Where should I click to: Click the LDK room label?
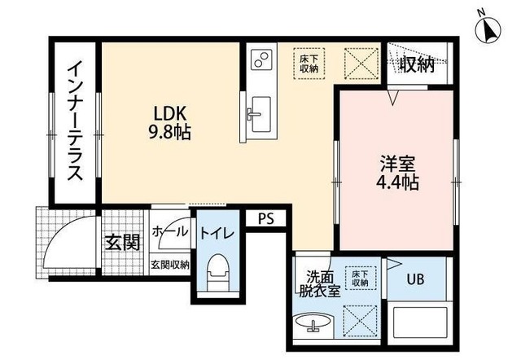(169, 114)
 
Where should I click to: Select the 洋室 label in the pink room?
(398, 164)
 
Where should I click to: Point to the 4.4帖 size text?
(397, 182)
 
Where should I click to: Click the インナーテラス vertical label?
(75, 121)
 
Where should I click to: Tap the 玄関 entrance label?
(122, 243)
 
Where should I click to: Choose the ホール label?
(170, 231)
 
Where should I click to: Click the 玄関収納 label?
(170, 265)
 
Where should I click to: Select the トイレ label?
(217, 234)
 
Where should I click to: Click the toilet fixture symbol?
(217, 271)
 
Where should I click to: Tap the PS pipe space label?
(266, 219)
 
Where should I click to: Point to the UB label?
(416, 279)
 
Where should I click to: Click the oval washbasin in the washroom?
(313, 323)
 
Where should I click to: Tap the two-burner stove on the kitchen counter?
(261, 59)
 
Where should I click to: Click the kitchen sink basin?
(260, 114)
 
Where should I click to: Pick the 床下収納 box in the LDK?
(309, 64)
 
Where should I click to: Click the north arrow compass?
(488, 30)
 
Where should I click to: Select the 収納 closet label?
(417, 64)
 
